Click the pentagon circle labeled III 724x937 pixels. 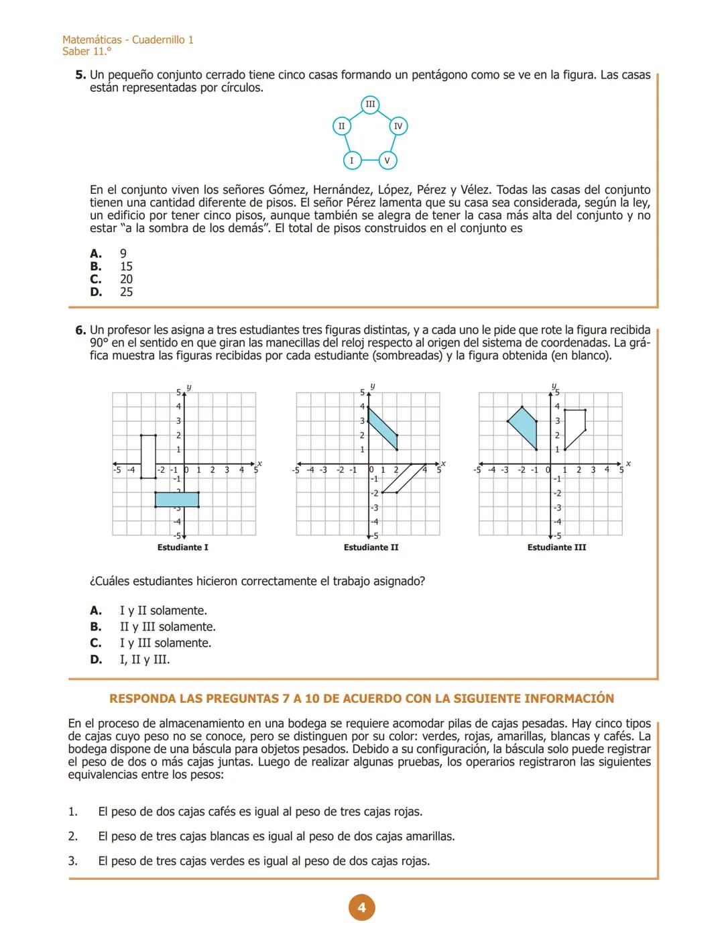(x=370, y=104)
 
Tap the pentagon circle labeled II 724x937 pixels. (x=342, y=126)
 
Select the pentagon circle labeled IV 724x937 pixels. (x=398, y=126)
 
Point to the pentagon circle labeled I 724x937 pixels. (x=351, y=160)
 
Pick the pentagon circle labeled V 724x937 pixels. (x=387, y=160)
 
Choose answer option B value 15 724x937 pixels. (x=126, y=266)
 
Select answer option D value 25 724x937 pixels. (x=126, y=292)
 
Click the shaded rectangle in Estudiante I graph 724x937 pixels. (x=177, y=500)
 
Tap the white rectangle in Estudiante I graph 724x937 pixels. (x=148, y=457)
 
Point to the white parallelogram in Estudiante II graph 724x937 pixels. (x=399, y=478)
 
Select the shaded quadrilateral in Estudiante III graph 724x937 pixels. (x=524, y=427)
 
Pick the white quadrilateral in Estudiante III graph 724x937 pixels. (x=575, y=426)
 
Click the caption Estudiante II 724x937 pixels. (x=371, y=547)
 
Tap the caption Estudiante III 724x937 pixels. (x=556, y=547)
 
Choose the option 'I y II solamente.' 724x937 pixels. (x=163, y=610)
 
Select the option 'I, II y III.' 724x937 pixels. (x=145, y=659)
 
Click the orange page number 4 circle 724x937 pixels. (x=362, y=907)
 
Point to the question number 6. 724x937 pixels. (x=80, y=330)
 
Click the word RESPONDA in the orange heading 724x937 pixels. (x=142, y=698)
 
